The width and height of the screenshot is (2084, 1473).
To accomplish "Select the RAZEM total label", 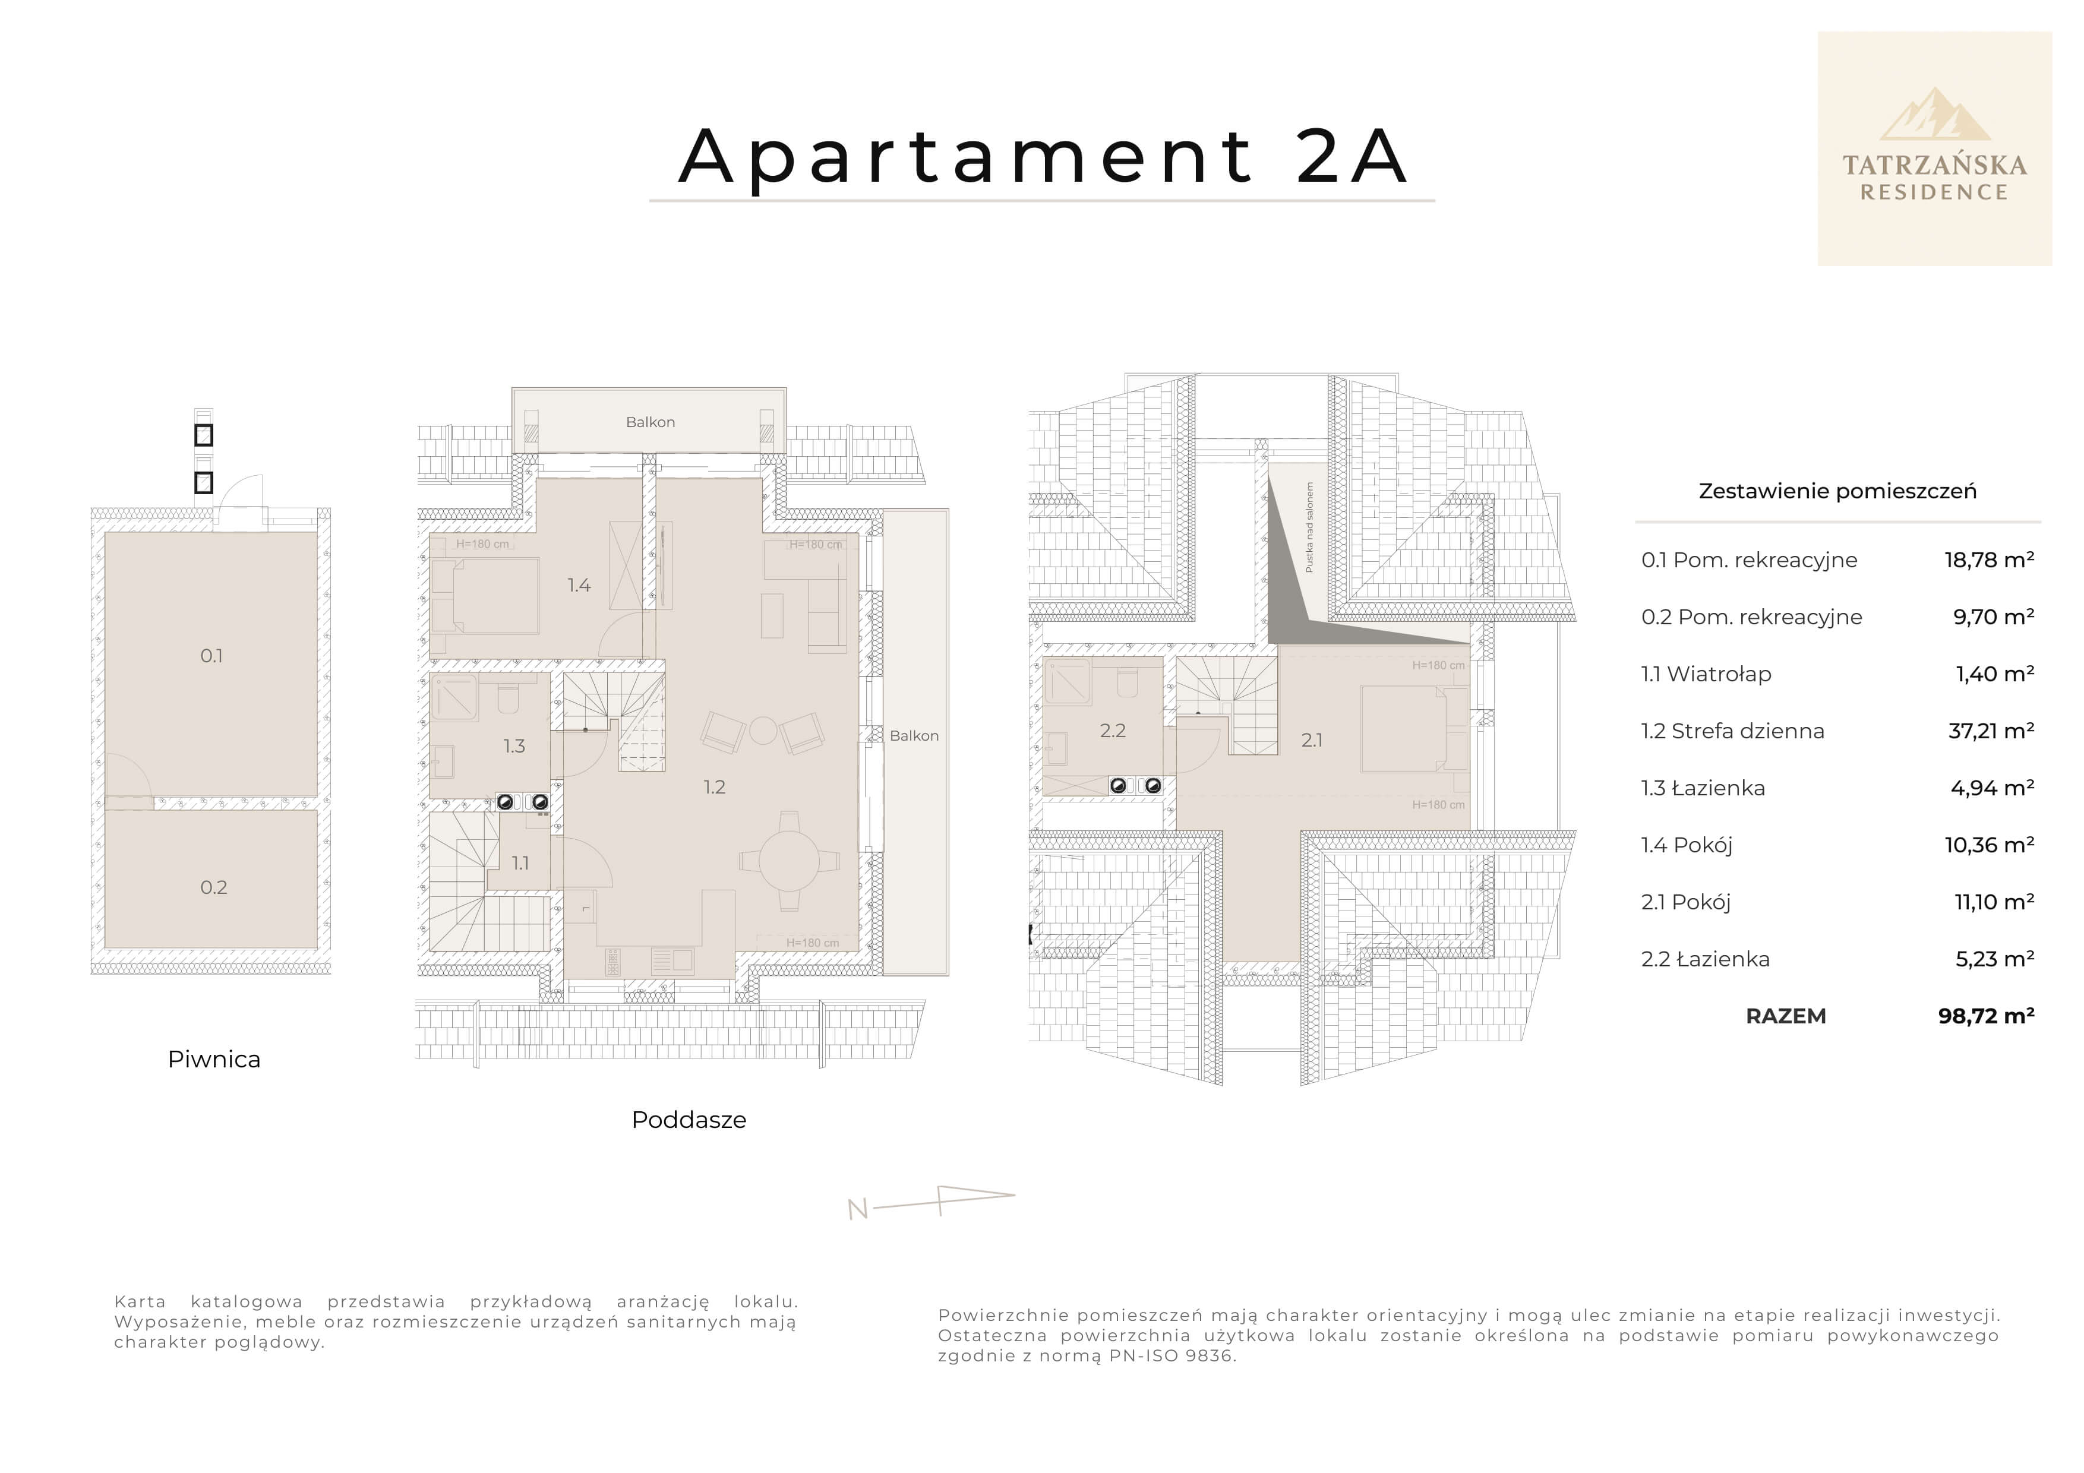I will (1785, 1016).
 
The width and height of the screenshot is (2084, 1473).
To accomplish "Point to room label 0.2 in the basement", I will (213, 887).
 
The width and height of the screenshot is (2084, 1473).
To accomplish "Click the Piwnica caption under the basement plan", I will (214, 1059).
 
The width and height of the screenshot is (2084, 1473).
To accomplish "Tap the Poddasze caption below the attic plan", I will (689, 1120).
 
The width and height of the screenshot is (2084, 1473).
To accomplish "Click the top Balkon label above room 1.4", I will (650, 422).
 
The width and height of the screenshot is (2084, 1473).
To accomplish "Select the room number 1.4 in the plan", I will (579, 586).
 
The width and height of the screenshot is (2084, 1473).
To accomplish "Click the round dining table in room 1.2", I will (789, 861).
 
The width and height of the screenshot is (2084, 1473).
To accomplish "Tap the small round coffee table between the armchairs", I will (762, 731).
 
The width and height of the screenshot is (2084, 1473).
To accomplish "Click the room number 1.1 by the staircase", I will (520, 863).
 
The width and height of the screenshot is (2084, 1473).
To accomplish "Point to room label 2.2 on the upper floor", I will (1113, 731).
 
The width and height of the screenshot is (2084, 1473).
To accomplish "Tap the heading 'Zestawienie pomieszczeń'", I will (1837, 491).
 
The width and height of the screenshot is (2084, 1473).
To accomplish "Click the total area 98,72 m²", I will (1986, 1016).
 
